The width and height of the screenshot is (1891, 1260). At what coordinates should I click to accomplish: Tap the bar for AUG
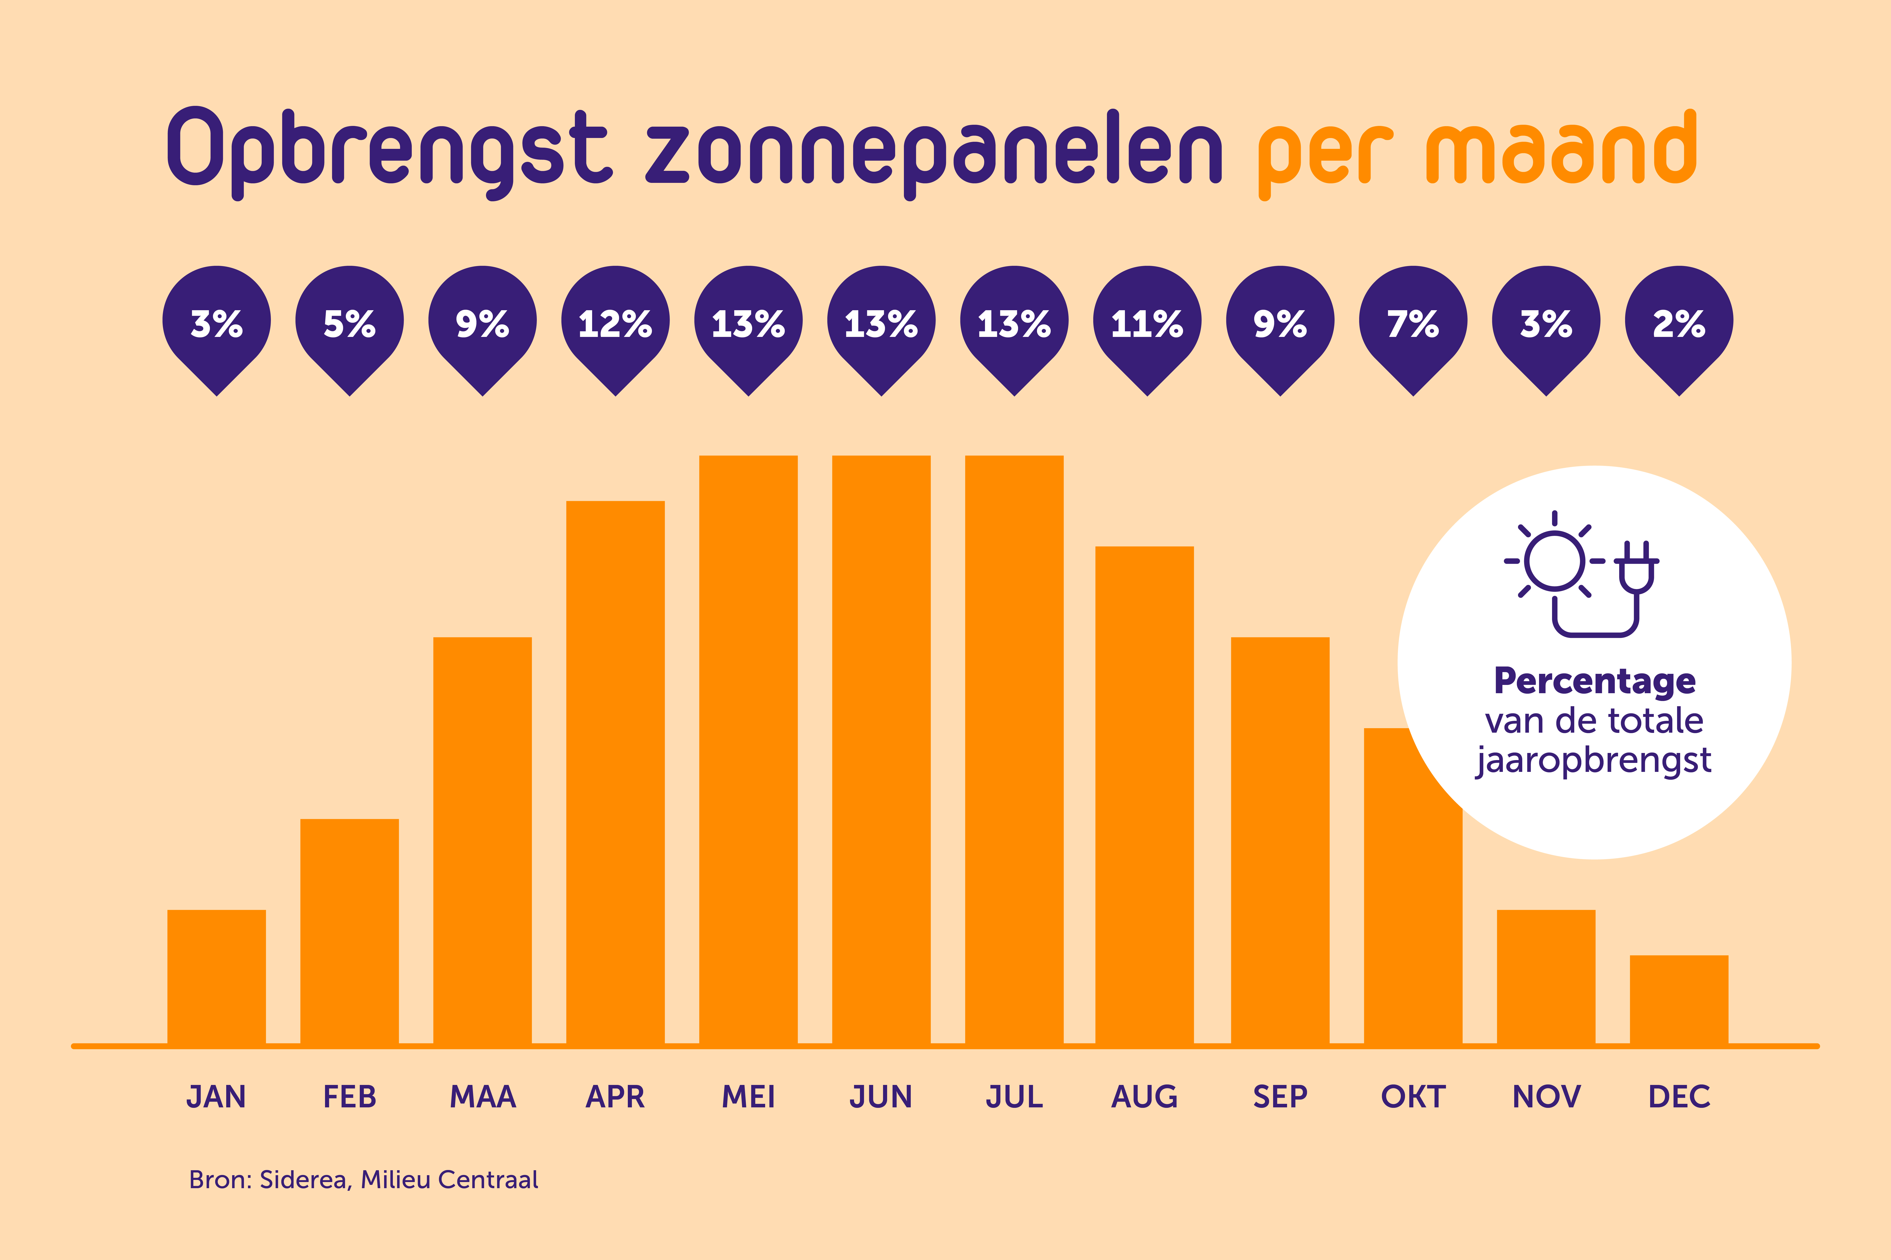pos(1144,796)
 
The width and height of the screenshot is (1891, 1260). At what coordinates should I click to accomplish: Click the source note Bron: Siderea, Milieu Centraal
pos(363,1180)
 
